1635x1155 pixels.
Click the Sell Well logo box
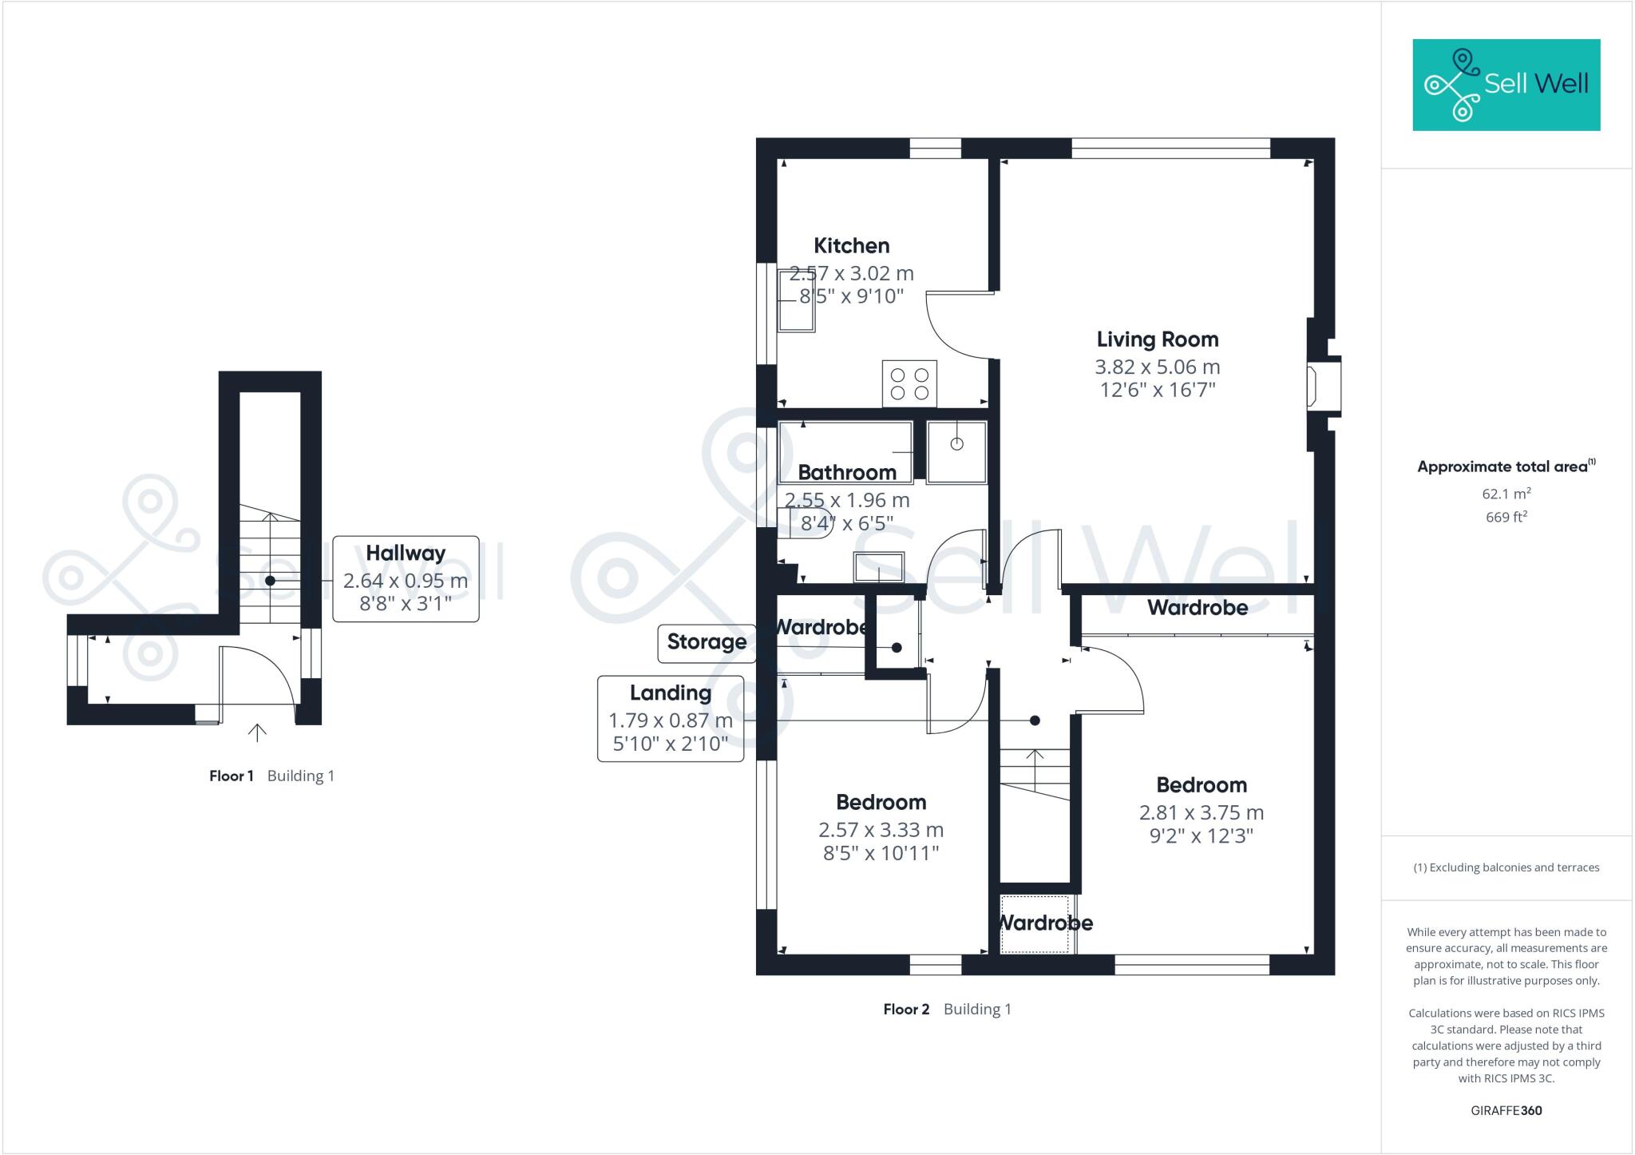pyautogui.click(x=1506, y=85)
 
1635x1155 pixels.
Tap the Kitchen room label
pyautogui.click(x=851, y=245)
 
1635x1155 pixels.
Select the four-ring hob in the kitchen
pyautogui.click(x=909, y=383)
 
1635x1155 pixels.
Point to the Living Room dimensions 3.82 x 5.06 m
pyautogui.click(x=1157, y=367)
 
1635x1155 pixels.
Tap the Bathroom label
pyautogui.click(x=847, y=472)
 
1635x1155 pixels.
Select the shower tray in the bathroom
pyautogui.click(x=956, y=452)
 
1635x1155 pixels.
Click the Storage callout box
pyautogui.click(x=707, y=643)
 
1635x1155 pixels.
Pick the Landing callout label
pyautogui.click(x=670, y=693)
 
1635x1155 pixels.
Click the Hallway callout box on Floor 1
pyautogui.click(x=406, y=578)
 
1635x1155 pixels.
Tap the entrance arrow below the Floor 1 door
pyautogui.click(x=257, y=732)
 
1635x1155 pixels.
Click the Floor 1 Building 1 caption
pyautogui.click(x=271, y=776)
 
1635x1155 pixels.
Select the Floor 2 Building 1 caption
pyautogui.click(x=947, y=1009)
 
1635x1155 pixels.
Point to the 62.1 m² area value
pyautogui.click(x=1506, y=494)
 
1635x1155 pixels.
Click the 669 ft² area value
pyautogui.click(x=1506, y=517)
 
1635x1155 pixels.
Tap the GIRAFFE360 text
pyautogui.click(x=1506, y=1110)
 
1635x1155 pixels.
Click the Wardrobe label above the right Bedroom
pyautogui.click(x=1197, y=608)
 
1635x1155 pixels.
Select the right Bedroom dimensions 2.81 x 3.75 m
pyautogui.click(x=1201, y=812)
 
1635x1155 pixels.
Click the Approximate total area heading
pyautogui.click(x=1505, y=466)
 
